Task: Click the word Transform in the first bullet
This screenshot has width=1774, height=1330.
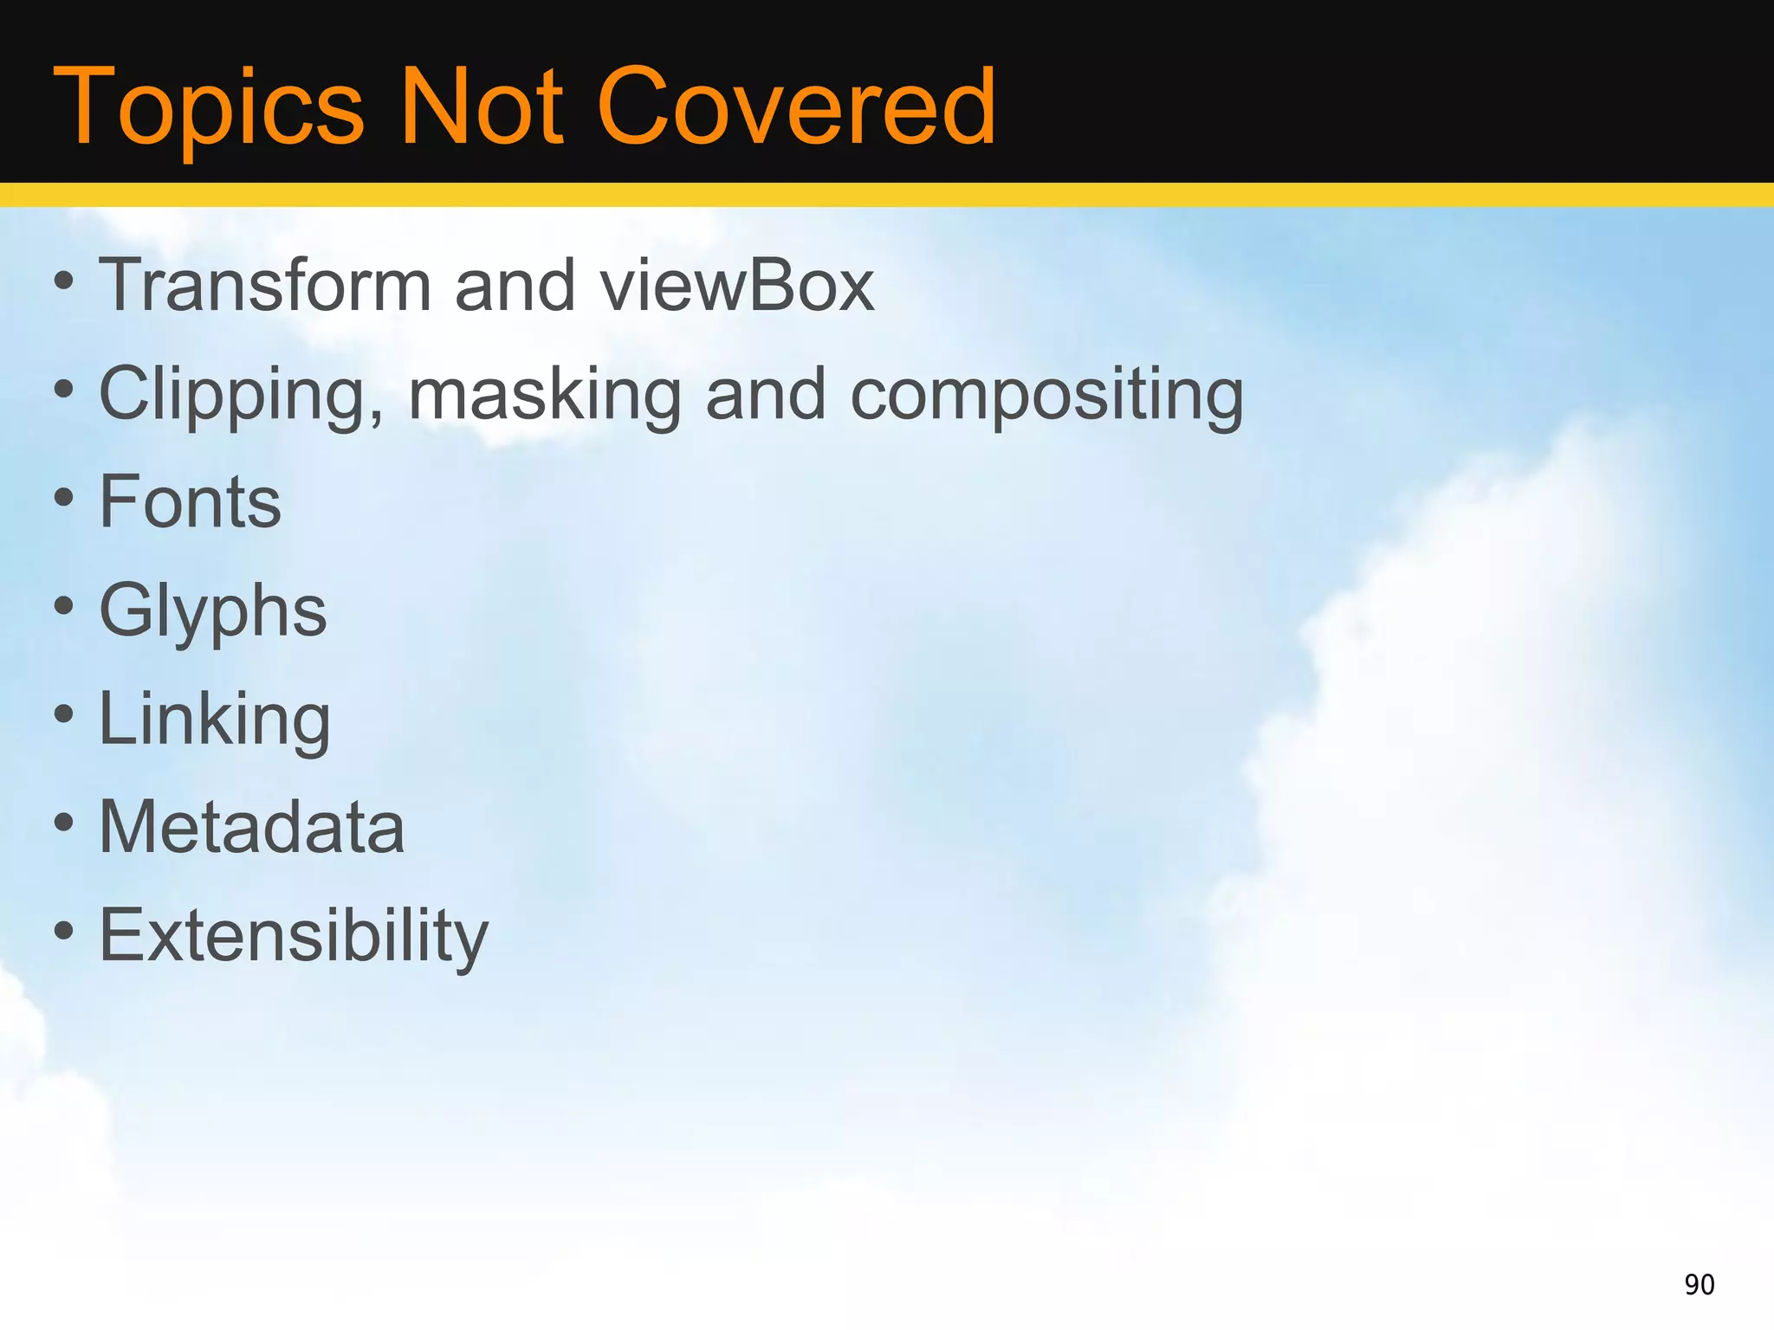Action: tap(265, 285)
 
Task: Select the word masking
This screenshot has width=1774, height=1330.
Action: tap(545, 395)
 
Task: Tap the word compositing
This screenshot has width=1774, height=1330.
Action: tap(1047, 395)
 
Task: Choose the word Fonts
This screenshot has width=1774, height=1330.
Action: tap(191, 502)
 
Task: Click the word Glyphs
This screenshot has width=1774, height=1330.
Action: tap(213, 611)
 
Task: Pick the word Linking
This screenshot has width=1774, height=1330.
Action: tap(215, 720)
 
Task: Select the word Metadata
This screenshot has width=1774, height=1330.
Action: tap(252, 827)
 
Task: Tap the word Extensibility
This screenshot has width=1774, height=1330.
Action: tap(295, 936)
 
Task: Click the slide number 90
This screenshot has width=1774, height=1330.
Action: tap(1700, 1284)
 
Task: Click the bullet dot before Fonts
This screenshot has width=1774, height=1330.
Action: tap(63, 499)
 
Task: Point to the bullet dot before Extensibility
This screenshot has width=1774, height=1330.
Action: tap(63, 932)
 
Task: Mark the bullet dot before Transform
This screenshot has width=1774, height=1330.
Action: tap(63, 281)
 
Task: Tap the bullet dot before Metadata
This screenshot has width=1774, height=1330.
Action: tap(63, 823)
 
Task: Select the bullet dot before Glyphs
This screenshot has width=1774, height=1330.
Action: tap(63, 607)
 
